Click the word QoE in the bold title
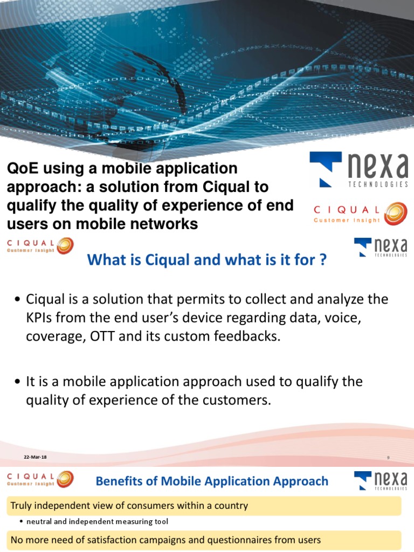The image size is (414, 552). pos(19,169)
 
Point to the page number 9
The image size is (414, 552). pos(388,458)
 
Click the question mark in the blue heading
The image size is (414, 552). pos(322,260)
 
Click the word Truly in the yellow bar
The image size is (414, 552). pos(21,506)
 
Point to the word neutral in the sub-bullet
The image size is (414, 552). pos(39,522)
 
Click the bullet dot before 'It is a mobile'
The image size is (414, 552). pos(18,382)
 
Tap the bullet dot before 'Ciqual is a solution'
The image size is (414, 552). pos(18,300)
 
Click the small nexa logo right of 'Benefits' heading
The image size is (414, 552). pos(381,481)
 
